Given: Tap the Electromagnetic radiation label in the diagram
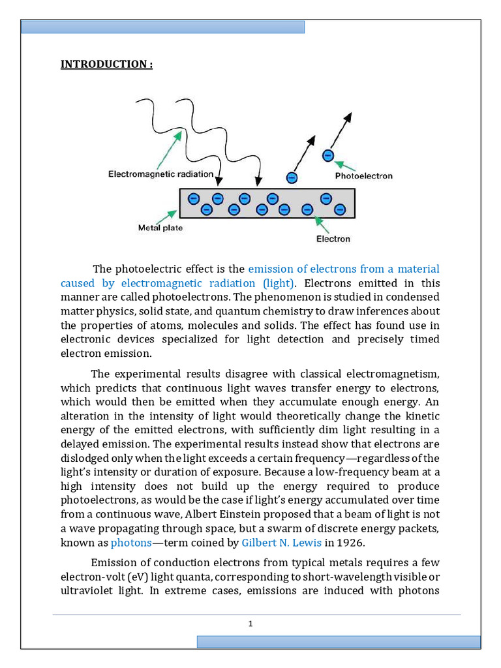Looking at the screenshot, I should pos(160,174).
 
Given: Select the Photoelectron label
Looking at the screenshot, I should pos(363,175).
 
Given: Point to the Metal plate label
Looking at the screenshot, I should pos(160,228).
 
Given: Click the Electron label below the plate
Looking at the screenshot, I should pos(333,239).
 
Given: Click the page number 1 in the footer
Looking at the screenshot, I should pos(250,624).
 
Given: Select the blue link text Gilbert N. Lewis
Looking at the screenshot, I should pos(281,542).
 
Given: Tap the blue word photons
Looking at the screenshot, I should pos(130,542).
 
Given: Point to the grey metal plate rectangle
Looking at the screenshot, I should pos(267,204).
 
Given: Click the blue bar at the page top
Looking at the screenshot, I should pos(163,27).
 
